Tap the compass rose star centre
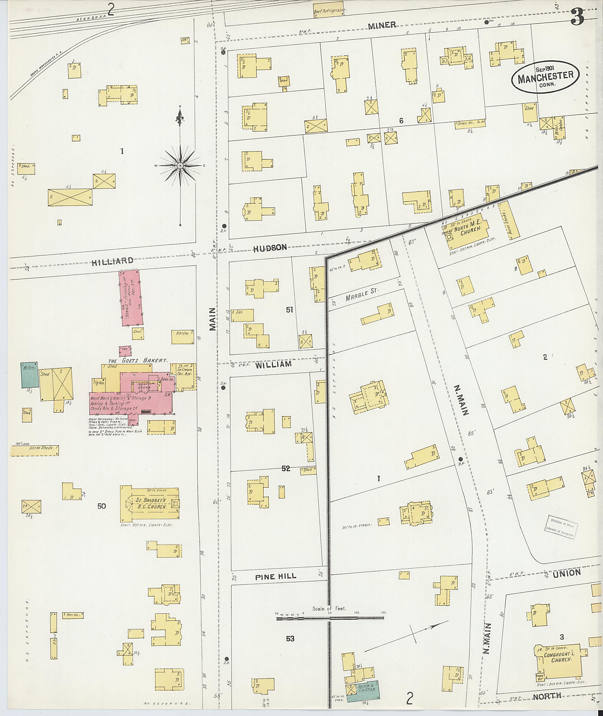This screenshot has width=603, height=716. tap(180, 166)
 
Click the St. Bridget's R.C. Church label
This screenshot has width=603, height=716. tap(150, 503)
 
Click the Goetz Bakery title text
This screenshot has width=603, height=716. tap(138, 361)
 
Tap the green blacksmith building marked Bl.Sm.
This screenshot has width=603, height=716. tap(30, 375)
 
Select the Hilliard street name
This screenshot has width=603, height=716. tap(112, 261)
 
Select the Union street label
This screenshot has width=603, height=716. tap(566, 573)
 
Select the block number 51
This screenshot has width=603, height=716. tap(289, 310)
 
